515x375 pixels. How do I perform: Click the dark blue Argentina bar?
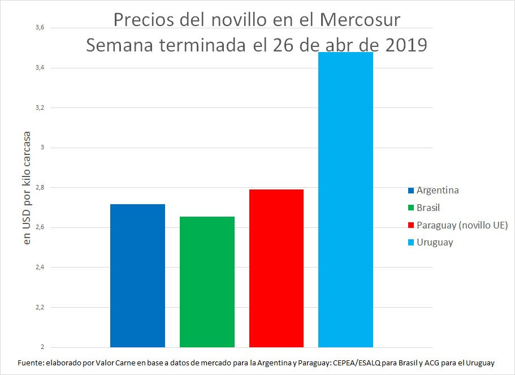137,275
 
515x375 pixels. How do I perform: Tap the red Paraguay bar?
276,268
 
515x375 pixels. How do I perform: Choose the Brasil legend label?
428,208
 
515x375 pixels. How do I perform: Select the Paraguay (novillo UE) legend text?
462,225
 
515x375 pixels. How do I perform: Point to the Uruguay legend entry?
435,242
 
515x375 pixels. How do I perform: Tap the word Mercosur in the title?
360,20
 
